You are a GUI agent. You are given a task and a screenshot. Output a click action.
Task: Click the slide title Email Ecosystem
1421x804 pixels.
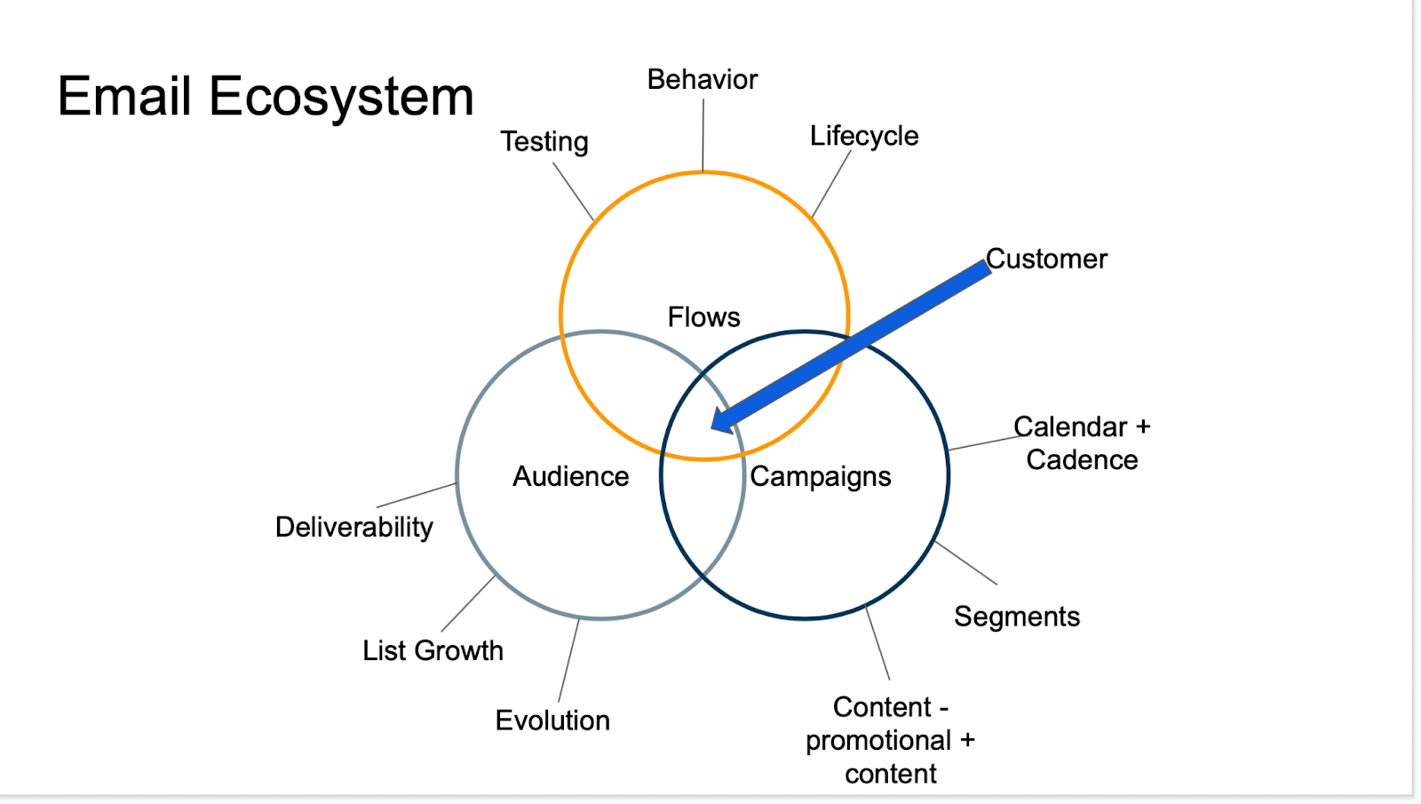click(x=266, y=96)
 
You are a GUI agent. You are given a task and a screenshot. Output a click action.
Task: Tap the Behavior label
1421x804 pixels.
click(x=703, y=80)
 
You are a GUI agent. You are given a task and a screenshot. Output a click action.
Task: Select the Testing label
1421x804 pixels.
click(x=544, y=142)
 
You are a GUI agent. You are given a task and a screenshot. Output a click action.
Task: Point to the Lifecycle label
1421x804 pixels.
click(x=864, y=136)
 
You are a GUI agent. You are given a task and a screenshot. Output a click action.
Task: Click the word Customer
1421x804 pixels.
click(x=1047, y=259)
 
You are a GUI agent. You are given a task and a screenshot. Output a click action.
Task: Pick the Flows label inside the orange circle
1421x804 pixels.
click(x=703, y=317)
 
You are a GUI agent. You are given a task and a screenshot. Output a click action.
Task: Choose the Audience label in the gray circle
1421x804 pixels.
click(x=570, y=477)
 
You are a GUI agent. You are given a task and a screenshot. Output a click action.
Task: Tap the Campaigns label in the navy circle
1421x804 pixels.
click(x=821, y=477)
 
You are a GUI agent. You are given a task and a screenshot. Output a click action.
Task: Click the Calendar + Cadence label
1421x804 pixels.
click(x=1082, y=443)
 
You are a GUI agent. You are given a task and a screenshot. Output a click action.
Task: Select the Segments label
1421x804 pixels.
click(x=1017, y=617)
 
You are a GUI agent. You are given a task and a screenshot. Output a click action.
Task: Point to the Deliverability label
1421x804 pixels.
click(x=354, y=528)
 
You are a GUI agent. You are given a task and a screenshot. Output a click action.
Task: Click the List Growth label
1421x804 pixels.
click(x=433, y=651)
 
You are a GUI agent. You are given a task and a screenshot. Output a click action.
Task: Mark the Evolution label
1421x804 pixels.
click(x=552, y=720)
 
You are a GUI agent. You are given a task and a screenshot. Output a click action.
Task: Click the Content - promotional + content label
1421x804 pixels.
click(x=891, y=741)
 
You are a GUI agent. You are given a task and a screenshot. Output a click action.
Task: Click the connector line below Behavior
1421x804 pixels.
click(x=703, y=135)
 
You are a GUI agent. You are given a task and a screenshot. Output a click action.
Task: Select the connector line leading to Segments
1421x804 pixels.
click(x=966, y=563)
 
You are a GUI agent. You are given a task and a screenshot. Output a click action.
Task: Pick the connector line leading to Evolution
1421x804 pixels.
click(x=568, y=661)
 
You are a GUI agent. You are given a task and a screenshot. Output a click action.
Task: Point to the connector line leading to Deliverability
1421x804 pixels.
click(x=417, y=496)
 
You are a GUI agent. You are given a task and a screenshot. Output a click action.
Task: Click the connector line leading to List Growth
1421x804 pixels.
click(x=468, y=604)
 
